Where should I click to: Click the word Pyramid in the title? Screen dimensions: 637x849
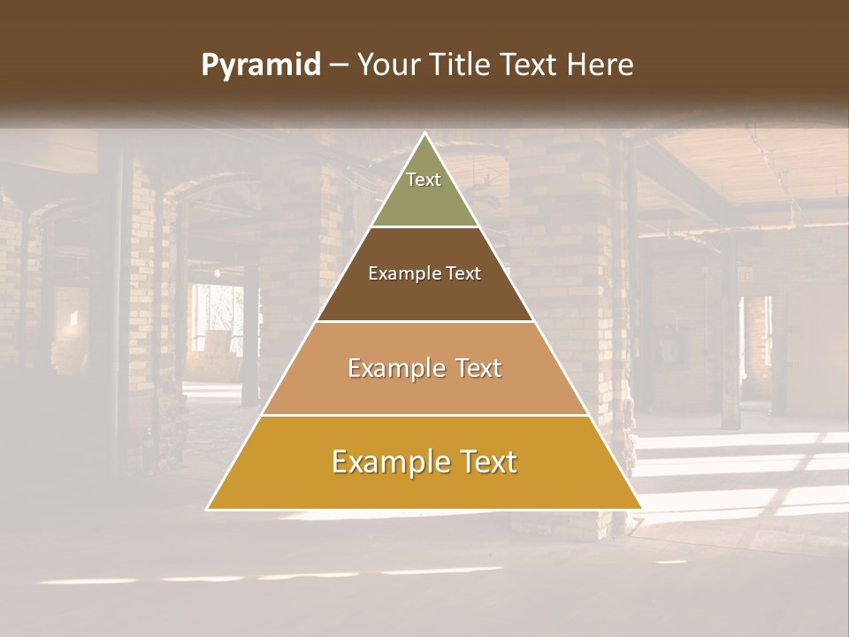tap(260, 65)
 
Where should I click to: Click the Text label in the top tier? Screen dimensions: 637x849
tap(424, 180)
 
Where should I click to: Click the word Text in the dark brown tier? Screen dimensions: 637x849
tap(463, 274)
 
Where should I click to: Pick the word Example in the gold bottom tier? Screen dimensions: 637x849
tap(391, 462)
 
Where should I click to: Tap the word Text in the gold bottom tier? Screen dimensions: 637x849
tap(488, 462)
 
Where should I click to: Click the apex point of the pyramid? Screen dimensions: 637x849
tap(424, 134)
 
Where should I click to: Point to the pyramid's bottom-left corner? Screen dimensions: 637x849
tap(209, 509)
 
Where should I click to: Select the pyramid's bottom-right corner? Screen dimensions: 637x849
tap(640, 509)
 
